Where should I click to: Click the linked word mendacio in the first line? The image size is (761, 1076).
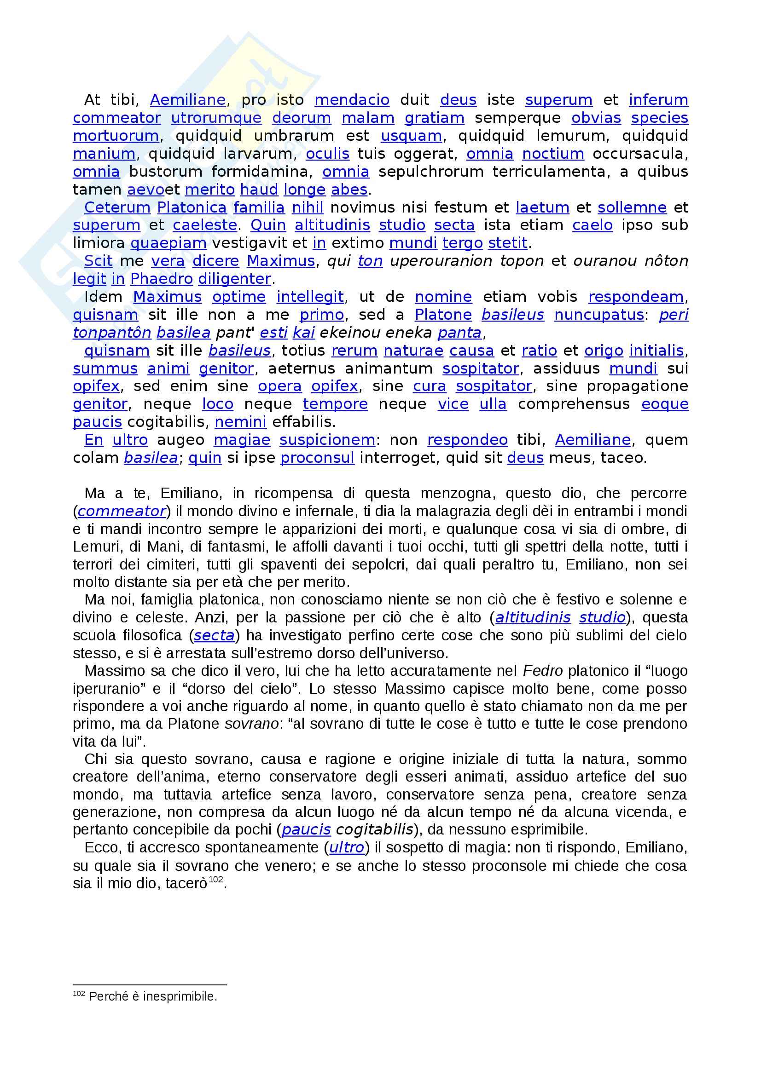[x=352, y=100]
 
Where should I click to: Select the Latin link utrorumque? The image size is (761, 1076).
[x=216, y=118]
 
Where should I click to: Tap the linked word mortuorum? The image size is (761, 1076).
[x=116, y=136]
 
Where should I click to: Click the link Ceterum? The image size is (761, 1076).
[x=117, y=207]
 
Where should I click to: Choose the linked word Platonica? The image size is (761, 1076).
[x=192, y=207]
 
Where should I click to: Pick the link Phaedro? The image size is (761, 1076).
[x=161, y=279]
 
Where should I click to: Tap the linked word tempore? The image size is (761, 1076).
[x=335, y=404]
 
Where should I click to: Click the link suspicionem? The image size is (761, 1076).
[x=327, y=440]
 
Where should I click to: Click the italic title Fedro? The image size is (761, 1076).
[x=542, y=671]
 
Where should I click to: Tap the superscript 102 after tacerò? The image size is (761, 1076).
[x=216, y=880]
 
